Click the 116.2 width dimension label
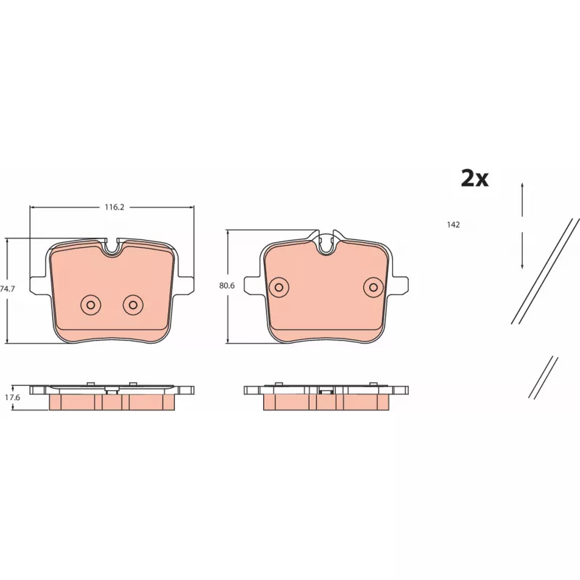pos(115,207)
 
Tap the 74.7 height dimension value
pos(7,289)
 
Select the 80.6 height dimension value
pos(227,286)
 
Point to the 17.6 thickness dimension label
pos(12,397)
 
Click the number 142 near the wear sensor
pos(453,225)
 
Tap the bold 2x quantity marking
pos(475,178)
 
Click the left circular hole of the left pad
pos(91,304)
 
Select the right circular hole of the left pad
pos(133,304)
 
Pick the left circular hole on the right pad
pos(279,287)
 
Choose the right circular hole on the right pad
pos(373,287)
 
